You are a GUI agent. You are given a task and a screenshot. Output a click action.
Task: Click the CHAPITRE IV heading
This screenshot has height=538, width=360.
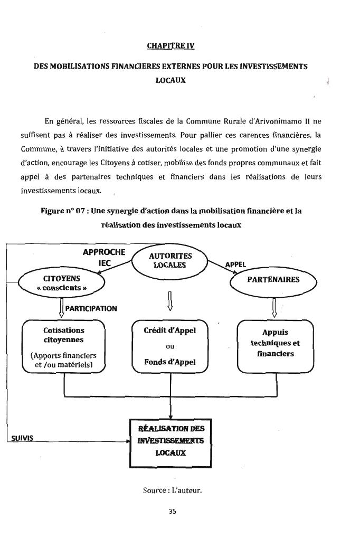point(170,46)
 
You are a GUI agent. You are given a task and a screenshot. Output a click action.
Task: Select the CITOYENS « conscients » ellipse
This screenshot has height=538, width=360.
point(62,283)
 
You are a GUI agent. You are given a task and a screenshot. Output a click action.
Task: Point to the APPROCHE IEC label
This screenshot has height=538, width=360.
point(104,257)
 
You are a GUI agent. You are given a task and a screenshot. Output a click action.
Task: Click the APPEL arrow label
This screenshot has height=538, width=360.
point(235,265)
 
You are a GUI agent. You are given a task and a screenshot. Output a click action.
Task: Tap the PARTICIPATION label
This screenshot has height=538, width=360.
point(91,308)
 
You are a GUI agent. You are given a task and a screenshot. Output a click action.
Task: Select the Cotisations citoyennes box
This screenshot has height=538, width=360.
point(64,347)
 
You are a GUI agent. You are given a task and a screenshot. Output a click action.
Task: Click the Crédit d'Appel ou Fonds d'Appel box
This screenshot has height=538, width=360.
point(170,346)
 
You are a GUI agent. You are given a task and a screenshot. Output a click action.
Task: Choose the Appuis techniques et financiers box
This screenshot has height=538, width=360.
point(275,346)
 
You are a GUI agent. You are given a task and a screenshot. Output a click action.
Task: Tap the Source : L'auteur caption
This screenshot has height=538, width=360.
point(173,490)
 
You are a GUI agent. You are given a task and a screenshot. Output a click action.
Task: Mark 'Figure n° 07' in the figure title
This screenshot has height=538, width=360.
point(64,211)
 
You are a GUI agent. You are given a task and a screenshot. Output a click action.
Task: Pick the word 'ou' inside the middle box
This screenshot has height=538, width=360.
point(170,346)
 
